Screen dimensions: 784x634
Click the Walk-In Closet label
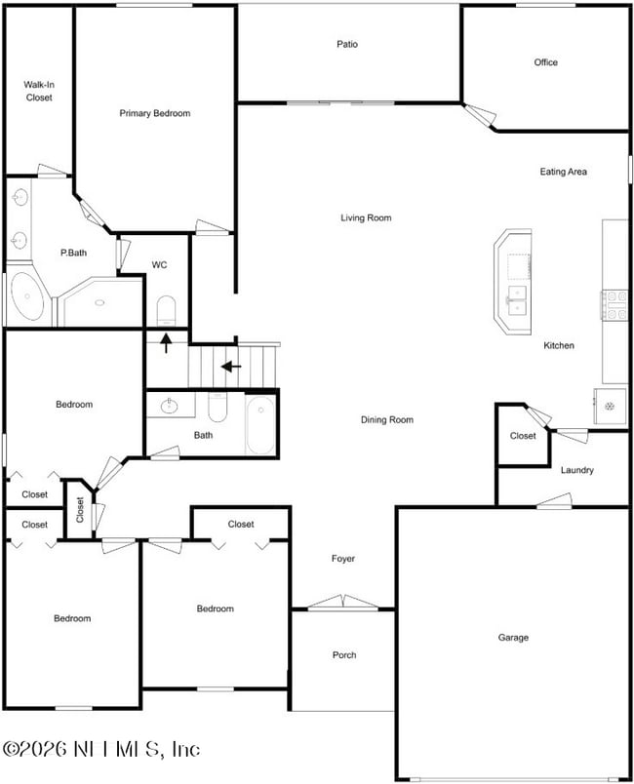tap(39, 91)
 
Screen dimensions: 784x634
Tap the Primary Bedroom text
tap(155, 113)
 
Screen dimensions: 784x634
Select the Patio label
tap(347, 44)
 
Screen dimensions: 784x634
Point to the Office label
tap(546, 62)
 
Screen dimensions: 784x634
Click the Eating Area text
tap(564, 172)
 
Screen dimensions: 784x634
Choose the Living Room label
tap(366, 217)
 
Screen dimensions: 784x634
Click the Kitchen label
tap(559, 345)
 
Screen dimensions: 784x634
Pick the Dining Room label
tap(387, 420)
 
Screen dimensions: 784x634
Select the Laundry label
tap(577, 470)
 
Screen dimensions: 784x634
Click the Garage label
tap(513, 638)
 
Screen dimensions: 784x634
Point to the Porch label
tap(344, 655)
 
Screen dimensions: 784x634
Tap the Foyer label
tap(343, 559)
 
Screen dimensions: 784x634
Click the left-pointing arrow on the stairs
tap(231, 367)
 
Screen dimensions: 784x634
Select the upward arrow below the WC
tap(166, 342)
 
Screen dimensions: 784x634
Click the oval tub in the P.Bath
tap(28, 297)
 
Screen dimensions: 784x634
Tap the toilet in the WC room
tap(166, 310)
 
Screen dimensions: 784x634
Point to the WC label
tap(161, 265)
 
